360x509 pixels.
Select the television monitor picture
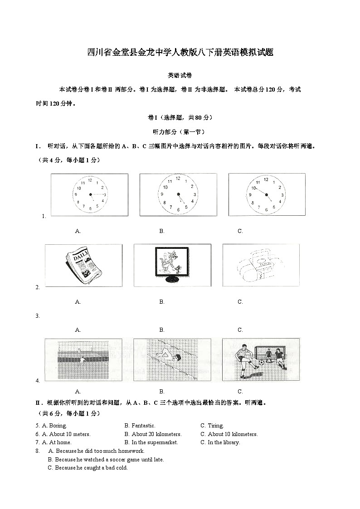tap(172, 265)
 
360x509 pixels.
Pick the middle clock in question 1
tap(178, 194)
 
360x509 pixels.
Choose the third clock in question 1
tap(266, 194)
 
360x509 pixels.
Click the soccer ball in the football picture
tap(261, 363)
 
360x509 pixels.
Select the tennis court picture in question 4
tap(83, 359)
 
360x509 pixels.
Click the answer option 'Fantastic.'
tap(143, 426)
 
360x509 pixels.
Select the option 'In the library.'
tap(223, 442)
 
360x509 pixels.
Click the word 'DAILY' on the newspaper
tap(81, 256)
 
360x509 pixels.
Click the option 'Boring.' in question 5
tap(57, 426)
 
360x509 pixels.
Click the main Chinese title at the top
tap(180, 52)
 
